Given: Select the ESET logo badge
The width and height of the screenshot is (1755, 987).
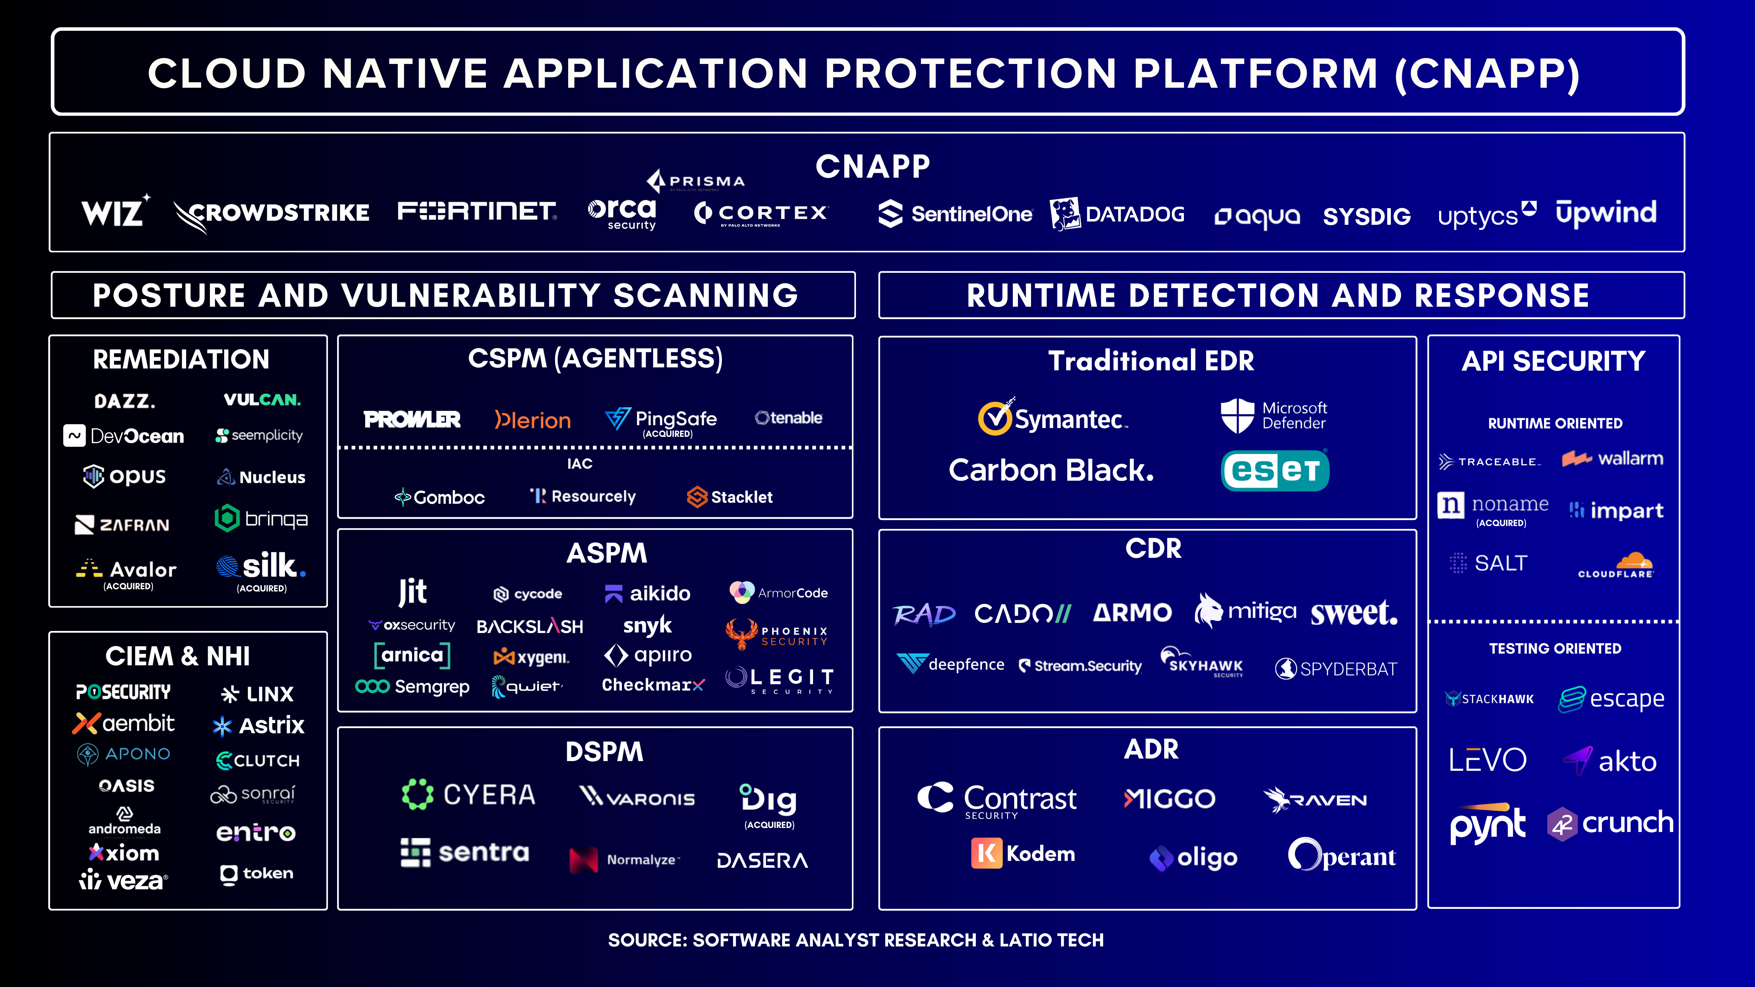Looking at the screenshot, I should tap(1275, 470).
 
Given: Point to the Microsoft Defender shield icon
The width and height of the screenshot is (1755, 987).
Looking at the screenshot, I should tap(1237, 416).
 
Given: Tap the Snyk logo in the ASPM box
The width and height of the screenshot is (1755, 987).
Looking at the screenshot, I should tap(647, 625).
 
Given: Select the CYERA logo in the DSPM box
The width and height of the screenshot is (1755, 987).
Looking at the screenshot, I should tap(469, 794).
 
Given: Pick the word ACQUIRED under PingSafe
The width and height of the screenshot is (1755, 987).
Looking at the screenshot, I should tap(668, 434).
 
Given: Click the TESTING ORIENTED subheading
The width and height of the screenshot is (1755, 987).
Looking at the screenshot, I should tap(1555, 648).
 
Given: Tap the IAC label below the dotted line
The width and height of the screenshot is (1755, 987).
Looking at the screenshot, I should tap(580, 464).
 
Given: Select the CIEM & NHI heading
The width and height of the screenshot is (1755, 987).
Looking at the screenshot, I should tap(178, 656).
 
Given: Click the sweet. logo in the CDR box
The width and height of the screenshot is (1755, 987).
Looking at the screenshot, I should tap(1354, 613).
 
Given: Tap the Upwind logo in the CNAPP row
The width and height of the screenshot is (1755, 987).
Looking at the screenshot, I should tap(1606, 212).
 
